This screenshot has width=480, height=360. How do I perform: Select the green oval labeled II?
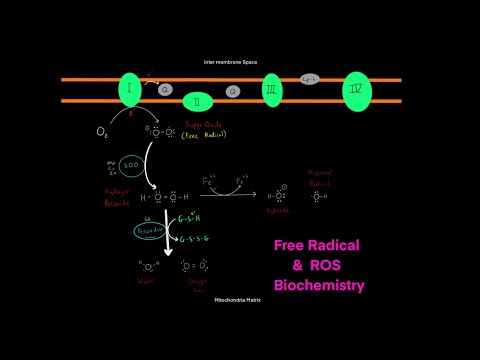(x=198, y=101)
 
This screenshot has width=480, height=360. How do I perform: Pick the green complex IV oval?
(x=357, y=91)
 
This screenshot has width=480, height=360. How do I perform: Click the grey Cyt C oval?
(x=309, y=78)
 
